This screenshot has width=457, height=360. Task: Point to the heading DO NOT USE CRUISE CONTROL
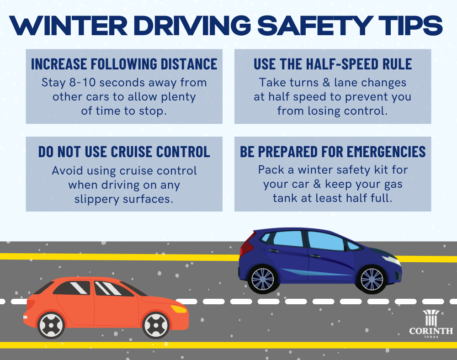124,152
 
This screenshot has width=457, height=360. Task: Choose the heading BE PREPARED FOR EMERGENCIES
333,152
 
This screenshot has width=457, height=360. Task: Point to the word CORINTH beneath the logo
431,331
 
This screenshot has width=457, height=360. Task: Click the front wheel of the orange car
156,325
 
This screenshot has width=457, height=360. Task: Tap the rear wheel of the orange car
51,325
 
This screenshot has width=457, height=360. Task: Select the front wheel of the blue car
371,279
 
